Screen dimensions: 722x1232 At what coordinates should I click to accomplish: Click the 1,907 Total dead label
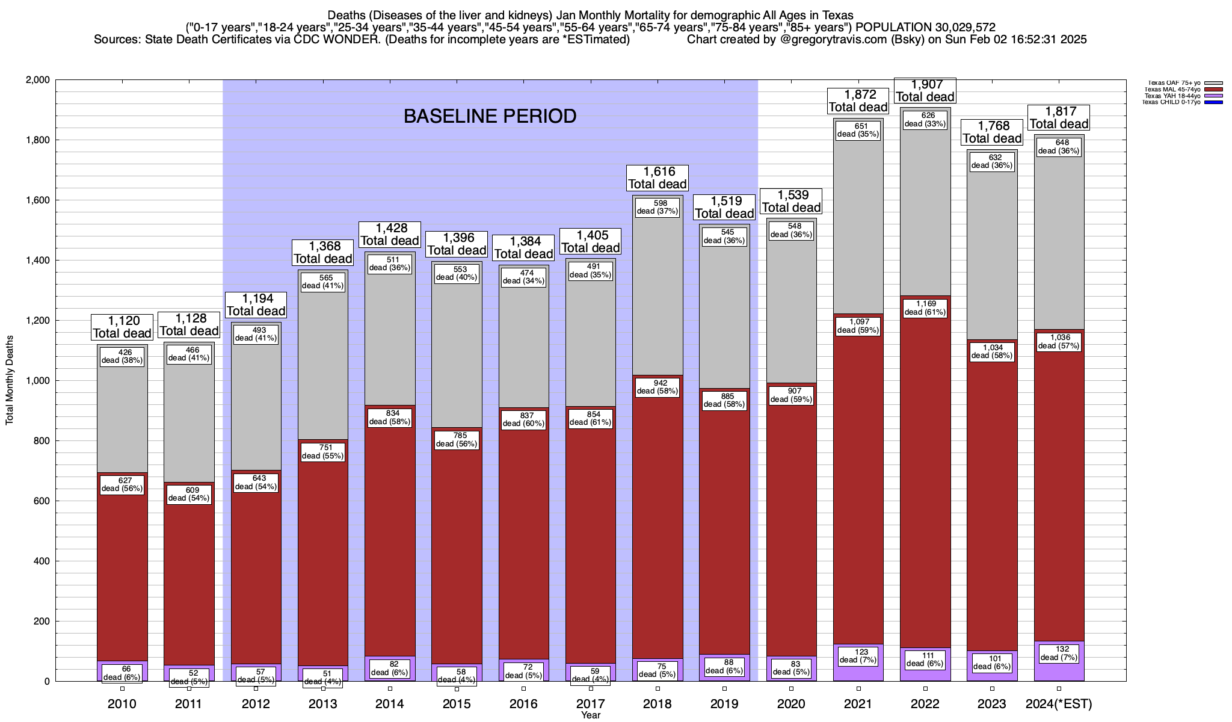pyautogui.click(x=925, y=91)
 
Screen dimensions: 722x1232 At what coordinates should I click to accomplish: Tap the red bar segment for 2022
pyautogui.click(x=925, y=481)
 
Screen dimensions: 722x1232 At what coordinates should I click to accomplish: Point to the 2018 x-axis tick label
pyautogui.click(x=658, y=703)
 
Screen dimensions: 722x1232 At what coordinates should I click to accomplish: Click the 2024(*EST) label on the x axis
pyautogui.click(x=1059, y=703)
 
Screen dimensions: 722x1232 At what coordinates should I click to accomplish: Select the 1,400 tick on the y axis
pyautogui.click(x=37, y=261)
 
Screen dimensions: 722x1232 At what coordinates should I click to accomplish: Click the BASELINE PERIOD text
pyautogui.click(x=490, y=116)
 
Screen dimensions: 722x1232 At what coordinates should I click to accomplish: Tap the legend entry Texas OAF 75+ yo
pyautogui.click(x=1172, y=83)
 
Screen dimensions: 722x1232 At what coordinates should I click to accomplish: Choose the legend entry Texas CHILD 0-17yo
pyautogui.click(x=1172, y=102)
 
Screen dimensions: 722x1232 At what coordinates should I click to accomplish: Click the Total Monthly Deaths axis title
pyautogui.click(x=10, y=380)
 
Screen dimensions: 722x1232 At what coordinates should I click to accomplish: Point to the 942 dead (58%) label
pyautogui.click(x=658, y=387)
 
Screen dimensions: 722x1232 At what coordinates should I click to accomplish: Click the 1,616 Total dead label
pyautogui.click(x=658, y=178)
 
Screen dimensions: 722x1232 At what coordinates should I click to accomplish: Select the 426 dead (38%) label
pyautogui.click(x=122, y=357)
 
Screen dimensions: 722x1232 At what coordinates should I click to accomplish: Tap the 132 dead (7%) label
pyautogui.click(x=1059, y=653)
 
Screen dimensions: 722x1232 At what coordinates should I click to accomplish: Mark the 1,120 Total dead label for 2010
pyautogui.click(x=122, y=327)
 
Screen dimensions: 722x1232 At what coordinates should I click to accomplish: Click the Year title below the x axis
pyautogui.click(x=591, y=715)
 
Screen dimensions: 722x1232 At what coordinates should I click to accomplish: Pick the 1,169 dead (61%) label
pyautogui.click(x=925, y=308)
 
